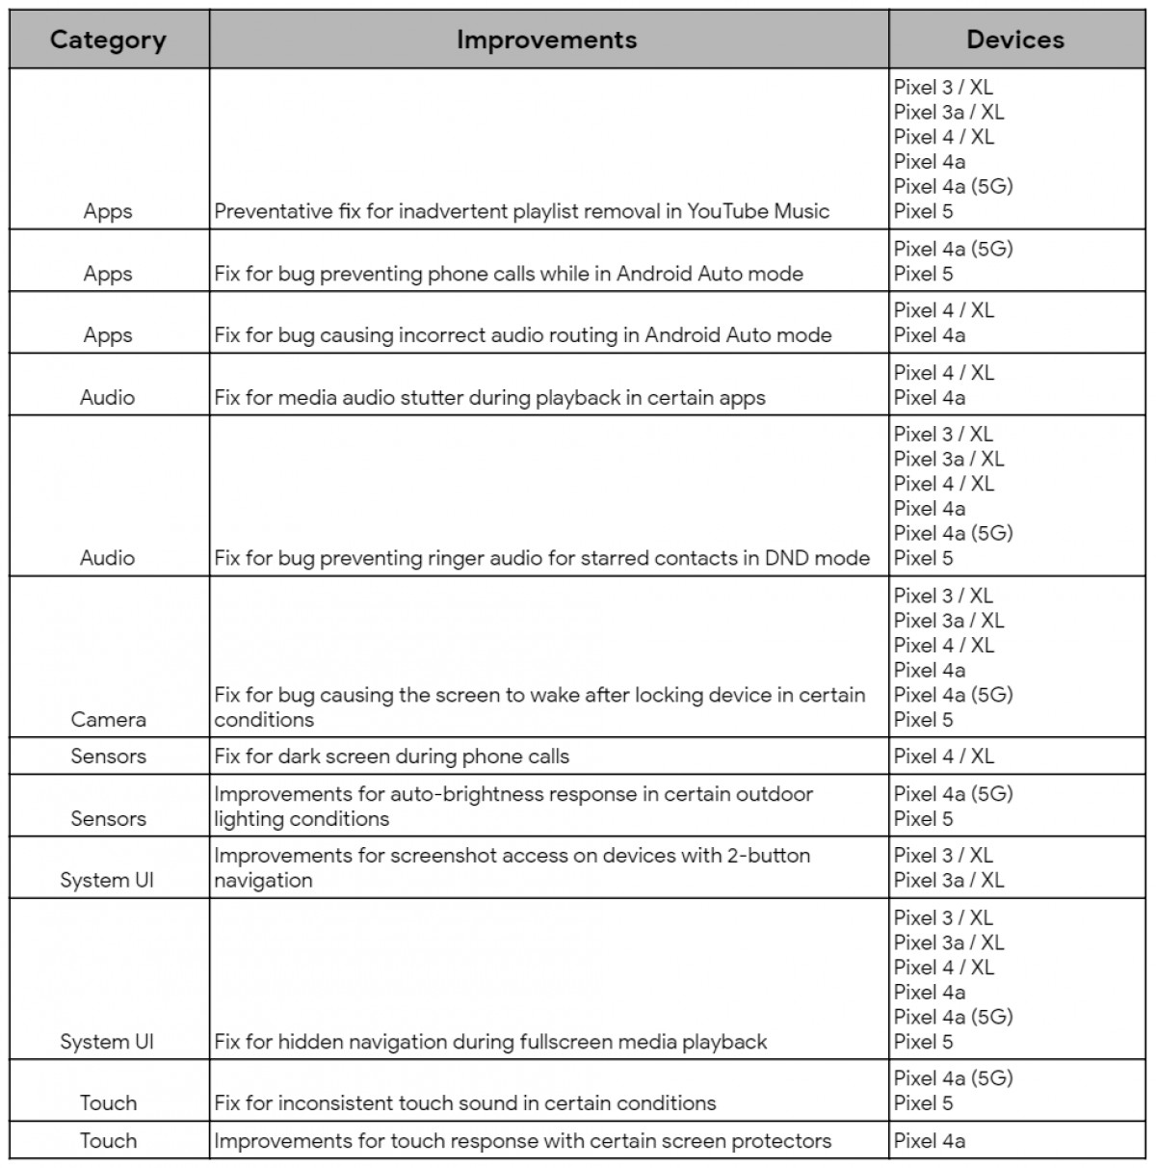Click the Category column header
pyautogui.click(x=108, y=40)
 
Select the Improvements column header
pyautogui.click(x=546, y=40)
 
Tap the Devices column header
pyautogui.click(x=1015, y=40)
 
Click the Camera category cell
pyautogui.click(x=108, y=719)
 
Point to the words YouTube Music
pyautogui.click(x=758, y=211)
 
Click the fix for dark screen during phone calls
pyautogui.click(x=391, y=757)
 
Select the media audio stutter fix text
pyautogui.click(x=489, y=397)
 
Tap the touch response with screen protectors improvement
pyautogui.click(x=522, y=1141)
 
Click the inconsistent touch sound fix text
pyautogui.click(x=465, y=1103)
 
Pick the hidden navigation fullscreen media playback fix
pyautogui.click(x=490, y=1042)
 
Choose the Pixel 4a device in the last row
pyautogui.click(x=929, y=1141)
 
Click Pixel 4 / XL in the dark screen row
pyautogui.click(x=943, y=757)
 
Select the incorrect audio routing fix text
pyautogui.click(x=522, y=335)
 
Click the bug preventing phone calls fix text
pyautogui.click(x=509, y=274)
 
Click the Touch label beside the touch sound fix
pyautogui.click(x=108, y=1103)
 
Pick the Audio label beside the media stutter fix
pyautogui.click(x=108, y=397)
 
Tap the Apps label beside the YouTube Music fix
pyautogui.click(x=108, y=211)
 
